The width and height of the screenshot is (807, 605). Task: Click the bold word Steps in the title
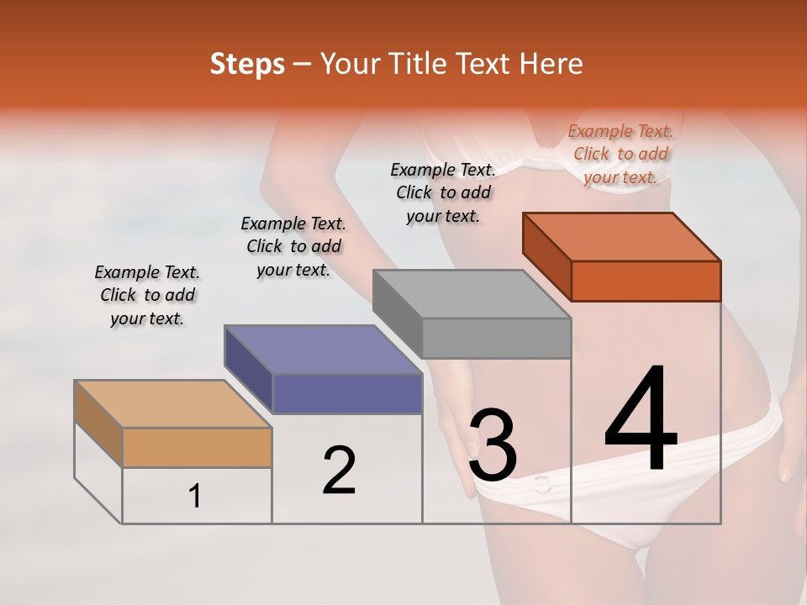[247, 64]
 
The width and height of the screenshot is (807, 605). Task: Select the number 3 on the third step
[493, 445]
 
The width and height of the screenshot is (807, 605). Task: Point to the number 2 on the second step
[340, 470]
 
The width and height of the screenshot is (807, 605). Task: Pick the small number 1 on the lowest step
[195, 496]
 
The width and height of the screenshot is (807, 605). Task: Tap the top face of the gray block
[472, 294]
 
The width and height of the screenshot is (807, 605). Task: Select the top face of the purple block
[323, 350]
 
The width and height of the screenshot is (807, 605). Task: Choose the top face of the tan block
[174, 404]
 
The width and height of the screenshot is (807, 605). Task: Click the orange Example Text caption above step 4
[620, 154]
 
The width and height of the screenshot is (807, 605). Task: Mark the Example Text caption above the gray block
[444, 192]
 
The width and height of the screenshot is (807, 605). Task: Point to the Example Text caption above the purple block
[293, 246]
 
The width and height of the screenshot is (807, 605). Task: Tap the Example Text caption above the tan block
[147, 295]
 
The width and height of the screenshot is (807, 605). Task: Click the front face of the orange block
[646, 281]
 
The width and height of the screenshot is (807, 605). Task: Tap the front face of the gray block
[496, 338]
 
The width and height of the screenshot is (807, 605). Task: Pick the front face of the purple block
[347, 393]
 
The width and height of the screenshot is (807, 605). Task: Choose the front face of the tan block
[197, 447]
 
